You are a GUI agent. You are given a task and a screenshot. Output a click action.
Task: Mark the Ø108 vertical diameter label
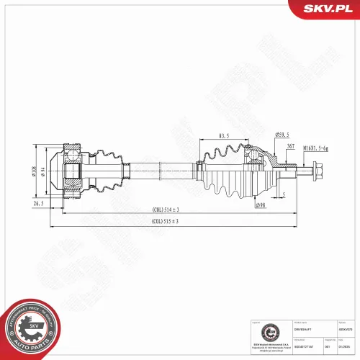[33, 172]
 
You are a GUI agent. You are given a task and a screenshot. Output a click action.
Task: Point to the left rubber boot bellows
[108, 171]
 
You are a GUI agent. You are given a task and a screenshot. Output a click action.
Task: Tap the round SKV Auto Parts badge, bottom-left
[28, 327]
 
